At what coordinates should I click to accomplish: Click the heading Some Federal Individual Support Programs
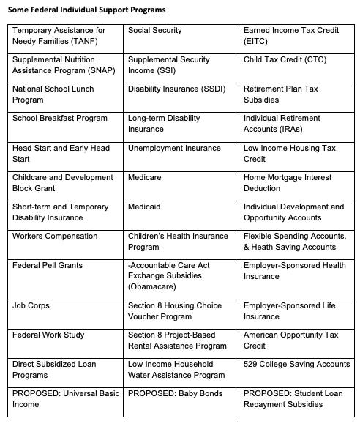tap(87, 10)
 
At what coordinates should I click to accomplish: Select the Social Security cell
tap(155, 31)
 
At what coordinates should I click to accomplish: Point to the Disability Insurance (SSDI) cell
tap(173, 89)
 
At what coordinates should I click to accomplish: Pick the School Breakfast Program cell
tap(60, 119)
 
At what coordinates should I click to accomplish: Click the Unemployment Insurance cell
tap(174, 148)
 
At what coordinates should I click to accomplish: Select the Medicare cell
tap(144, 177)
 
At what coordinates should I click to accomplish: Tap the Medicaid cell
tap(144, 207)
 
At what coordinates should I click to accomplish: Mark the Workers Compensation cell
tap(55, 236)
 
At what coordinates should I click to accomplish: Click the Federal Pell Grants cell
tap(48, 265)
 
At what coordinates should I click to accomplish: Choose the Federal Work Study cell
tap(48, 335)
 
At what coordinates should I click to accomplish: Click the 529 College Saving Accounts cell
tap(296, 364)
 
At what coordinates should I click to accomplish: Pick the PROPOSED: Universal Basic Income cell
tap(66, 398)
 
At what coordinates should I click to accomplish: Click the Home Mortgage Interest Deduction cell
tap(288, 182)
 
